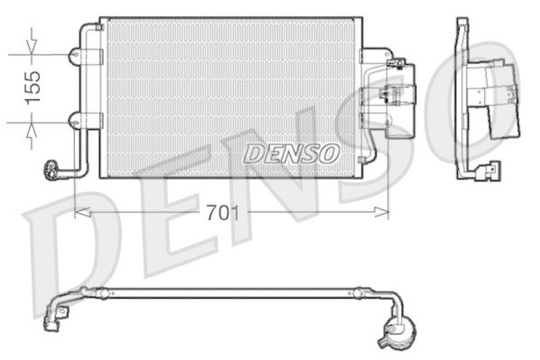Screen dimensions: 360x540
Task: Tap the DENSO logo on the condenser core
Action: pyautogui.click(x=291, y=153)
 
